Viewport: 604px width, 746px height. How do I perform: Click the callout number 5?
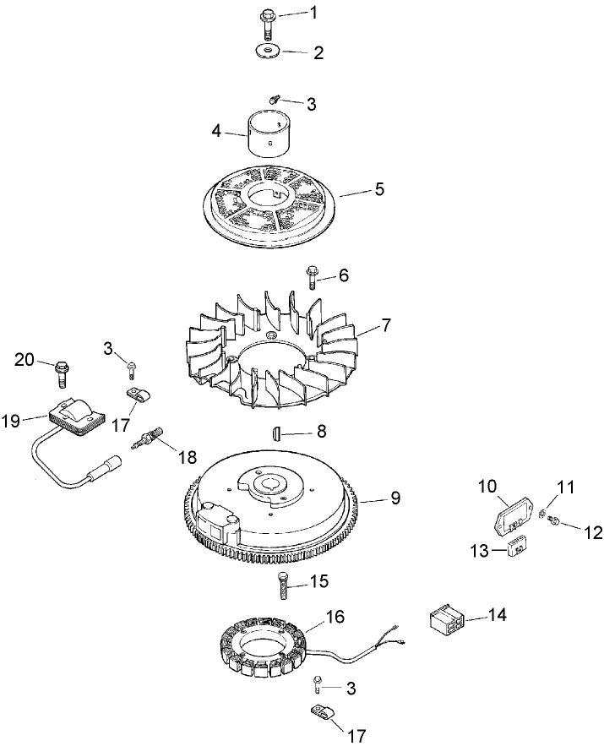pos(379,189)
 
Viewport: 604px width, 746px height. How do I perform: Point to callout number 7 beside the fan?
pos(385,324)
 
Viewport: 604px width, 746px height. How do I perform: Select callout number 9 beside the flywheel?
pos(395,498)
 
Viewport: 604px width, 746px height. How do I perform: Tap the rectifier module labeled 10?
pos(514,525)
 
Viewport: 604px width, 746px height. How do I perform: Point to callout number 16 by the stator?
pos(335,617)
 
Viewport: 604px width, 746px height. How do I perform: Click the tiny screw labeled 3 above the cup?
pos(275,100)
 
